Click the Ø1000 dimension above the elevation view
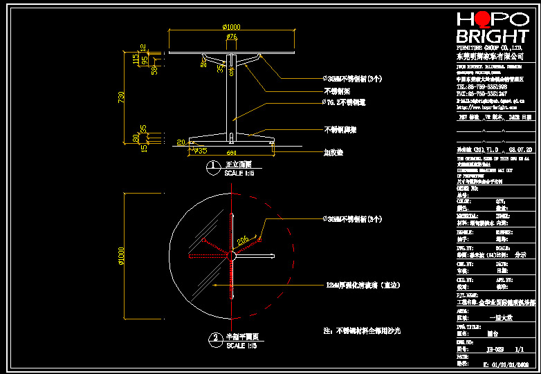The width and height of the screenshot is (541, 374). [231, 27]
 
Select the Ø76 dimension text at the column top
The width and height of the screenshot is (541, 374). [232, 36]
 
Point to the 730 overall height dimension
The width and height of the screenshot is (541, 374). [122, 97]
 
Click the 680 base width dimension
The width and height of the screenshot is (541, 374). [231, 152]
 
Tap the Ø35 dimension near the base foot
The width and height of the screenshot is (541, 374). [201, 150]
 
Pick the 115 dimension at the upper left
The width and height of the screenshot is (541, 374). [136, 59]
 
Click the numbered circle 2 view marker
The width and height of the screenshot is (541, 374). [214, 338]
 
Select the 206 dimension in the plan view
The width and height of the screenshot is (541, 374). [243, 240]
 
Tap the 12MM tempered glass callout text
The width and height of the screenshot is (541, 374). [363, 284]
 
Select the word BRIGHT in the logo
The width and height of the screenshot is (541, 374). [492, 37]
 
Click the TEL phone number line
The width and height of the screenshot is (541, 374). [481, 87]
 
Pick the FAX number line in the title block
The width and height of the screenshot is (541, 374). [481, 93]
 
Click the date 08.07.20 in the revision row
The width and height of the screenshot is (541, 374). [520, 149]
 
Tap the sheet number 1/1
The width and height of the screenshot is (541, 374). [520, 350]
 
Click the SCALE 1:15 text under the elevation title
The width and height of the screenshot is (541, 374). [239, 173]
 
